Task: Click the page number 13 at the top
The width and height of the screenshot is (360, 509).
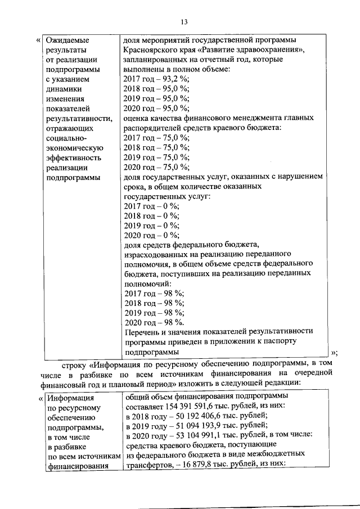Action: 183,22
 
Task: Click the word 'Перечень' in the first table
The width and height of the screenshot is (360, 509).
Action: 139,332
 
